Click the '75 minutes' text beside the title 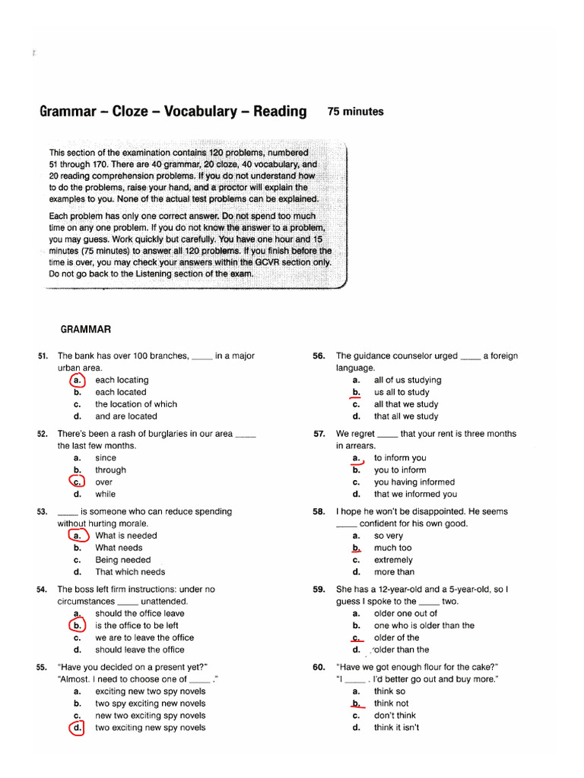click(x=355, y=112)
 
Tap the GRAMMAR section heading click(x=86, y=329)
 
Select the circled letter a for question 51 click(x=77, y=380)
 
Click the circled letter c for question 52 click(x=77, y=482)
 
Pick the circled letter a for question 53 click(x=77, y=536)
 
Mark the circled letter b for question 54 click(x=77, y=625)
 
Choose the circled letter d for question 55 click(x=77, y=728)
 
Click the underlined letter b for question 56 click(x=355, y=392)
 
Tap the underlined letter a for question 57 click(x=355, y=458)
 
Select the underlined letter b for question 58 click(x=355, y=548)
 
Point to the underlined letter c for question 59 click(x=355, y=637)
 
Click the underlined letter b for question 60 click(x=355, y=704)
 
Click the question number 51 click(x=43, y=356)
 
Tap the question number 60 click(x=319, y=667)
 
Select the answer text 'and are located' click(x=126, y=416)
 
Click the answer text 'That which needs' click(x=130, y=572)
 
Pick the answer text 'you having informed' click(x=414, y=482)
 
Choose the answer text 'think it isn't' click(x=396, y=728)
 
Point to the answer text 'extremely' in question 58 click(x=393, y=560)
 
